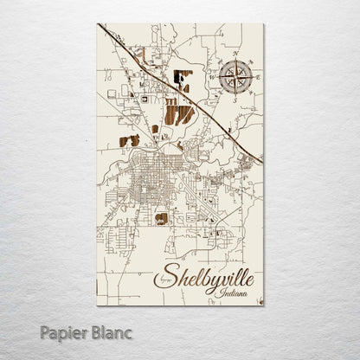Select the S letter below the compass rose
pyautogui.click(x=235, y=99)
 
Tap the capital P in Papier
pyautogui.click(x=44, y=331)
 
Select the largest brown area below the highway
pyautogui.click(x=177, y=113)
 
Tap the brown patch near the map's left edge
pyautogui.click(x=129, y=140)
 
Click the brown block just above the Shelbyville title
pyautogui.click(x=161, y=219)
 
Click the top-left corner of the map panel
pyautogui.click(x=98, y=24)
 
